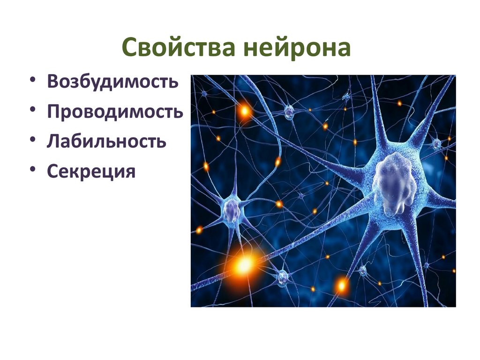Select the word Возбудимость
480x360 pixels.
112,82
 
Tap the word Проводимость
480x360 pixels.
115,112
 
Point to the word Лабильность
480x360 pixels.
106,142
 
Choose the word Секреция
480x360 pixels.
91,172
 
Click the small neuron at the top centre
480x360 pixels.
289,111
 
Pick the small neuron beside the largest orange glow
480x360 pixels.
283,278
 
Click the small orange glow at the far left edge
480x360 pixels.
200,230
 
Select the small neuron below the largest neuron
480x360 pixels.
362,270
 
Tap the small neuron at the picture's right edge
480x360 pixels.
437,143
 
